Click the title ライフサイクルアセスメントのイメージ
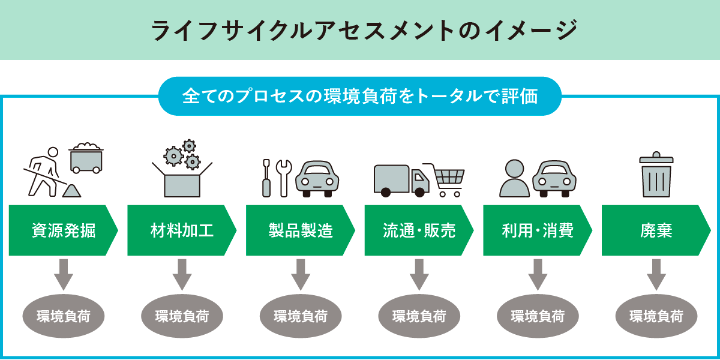tap(360, 30)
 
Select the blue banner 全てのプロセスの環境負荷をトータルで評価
tap(360, 96)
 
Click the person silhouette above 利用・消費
tap(515, 179)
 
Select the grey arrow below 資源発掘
tap(63, 274)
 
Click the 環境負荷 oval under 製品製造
tap(301, 316)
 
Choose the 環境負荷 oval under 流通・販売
tap(419, 316)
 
